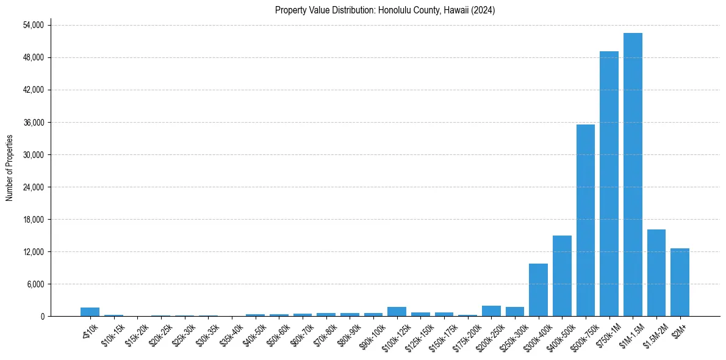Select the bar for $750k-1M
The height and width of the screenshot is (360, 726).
pos(609,183)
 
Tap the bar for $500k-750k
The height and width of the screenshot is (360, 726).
pos(586,220)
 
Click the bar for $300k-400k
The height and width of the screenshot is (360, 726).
pos(538,290)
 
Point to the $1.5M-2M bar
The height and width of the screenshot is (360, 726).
pos(656,273)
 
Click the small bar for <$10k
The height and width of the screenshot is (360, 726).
pos(90,312)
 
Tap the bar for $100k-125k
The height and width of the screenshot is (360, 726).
pos(397,312)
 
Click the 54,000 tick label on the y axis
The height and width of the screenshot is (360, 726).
pos(33,25)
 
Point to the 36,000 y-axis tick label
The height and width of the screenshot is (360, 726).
pos(33,122)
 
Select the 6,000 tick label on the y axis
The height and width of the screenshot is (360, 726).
pos(35,284)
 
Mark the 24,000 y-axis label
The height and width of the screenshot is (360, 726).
pos(33,187)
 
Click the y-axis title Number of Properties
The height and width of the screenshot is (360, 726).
pos(9,167)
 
